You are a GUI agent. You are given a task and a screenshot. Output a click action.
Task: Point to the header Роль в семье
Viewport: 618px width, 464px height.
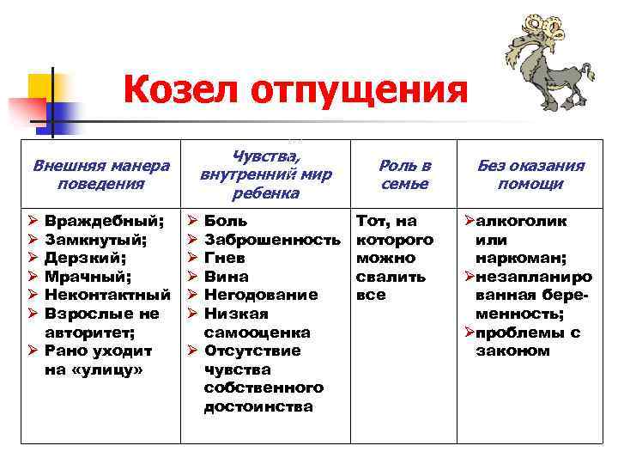[405, 174]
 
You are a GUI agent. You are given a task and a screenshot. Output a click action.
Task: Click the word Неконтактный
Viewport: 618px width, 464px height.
[106, 295]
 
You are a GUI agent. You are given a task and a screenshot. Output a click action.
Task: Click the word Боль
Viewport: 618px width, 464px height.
[226, 222]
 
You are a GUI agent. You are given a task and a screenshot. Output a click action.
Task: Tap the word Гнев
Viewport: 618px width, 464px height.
[226, 258]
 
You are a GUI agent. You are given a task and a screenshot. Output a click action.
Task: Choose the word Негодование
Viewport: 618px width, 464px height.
[261, 295]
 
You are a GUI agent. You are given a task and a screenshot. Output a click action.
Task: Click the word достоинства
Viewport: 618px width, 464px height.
[257, 406]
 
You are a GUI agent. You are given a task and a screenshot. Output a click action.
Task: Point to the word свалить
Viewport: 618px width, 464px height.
[391, 277]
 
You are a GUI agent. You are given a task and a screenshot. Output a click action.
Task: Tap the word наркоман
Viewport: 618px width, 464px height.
[519, 258]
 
